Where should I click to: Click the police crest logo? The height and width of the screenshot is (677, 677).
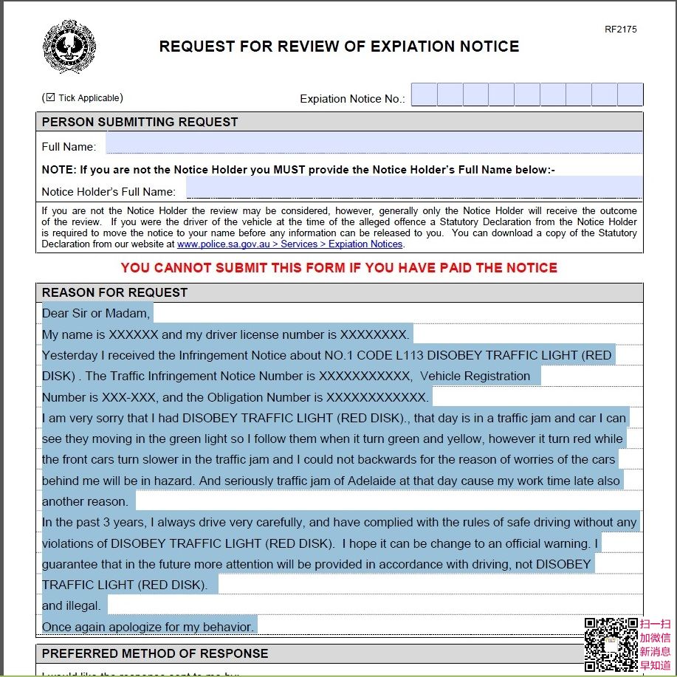point(70,46)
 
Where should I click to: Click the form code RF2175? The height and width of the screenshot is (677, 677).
point(620,30)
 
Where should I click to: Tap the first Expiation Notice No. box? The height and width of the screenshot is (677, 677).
point(424,95)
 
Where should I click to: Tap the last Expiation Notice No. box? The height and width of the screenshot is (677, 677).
point(630,95)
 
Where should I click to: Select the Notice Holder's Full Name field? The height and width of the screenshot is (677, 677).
point(413,188)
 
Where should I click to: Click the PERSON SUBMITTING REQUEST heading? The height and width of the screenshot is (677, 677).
point(140,122)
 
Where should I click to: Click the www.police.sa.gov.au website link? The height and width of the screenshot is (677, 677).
point(289,244)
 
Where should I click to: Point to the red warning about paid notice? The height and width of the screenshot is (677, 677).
point(339,267)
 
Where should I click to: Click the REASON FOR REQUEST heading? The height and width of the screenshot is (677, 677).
point(114,292)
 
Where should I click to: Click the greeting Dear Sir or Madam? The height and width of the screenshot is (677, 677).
point(95,313)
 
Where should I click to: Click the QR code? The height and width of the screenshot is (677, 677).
point(611,644)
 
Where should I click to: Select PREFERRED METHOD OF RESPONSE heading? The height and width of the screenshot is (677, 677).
point(155,653)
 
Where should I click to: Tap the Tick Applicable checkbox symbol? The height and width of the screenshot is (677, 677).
point(50,97)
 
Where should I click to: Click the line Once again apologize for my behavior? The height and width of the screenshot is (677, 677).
point(148,627)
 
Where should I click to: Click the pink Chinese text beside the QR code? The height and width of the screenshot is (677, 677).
point(655,644)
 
